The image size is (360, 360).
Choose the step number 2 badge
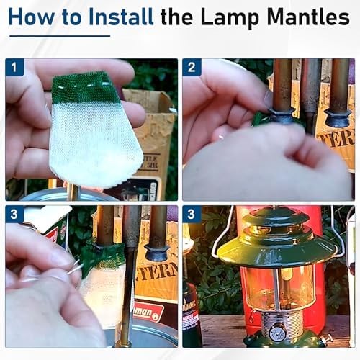[x=192, y=68]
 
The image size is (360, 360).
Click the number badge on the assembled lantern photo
[x=192, y=215]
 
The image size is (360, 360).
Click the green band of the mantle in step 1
[x=85, y=89]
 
